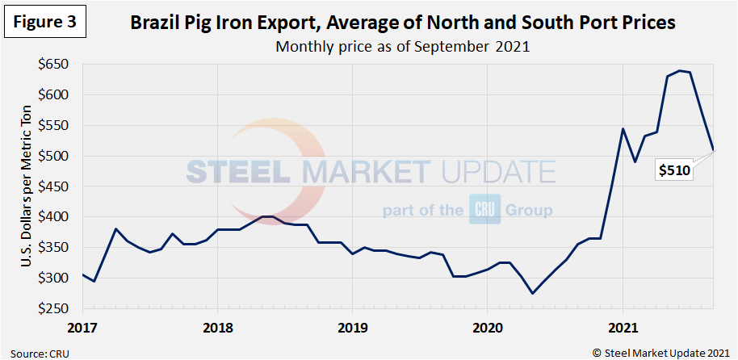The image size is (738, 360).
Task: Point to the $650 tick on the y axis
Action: [55, 65]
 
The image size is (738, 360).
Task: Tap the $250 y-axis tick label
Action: [55, 308]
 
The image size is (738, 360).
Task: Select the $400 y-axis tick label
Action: [55, 217]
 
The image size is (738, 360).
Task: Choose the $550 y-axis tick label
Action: [55, 125]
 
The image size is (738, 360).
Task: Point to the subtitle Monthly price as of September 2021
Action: [402, 46]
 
